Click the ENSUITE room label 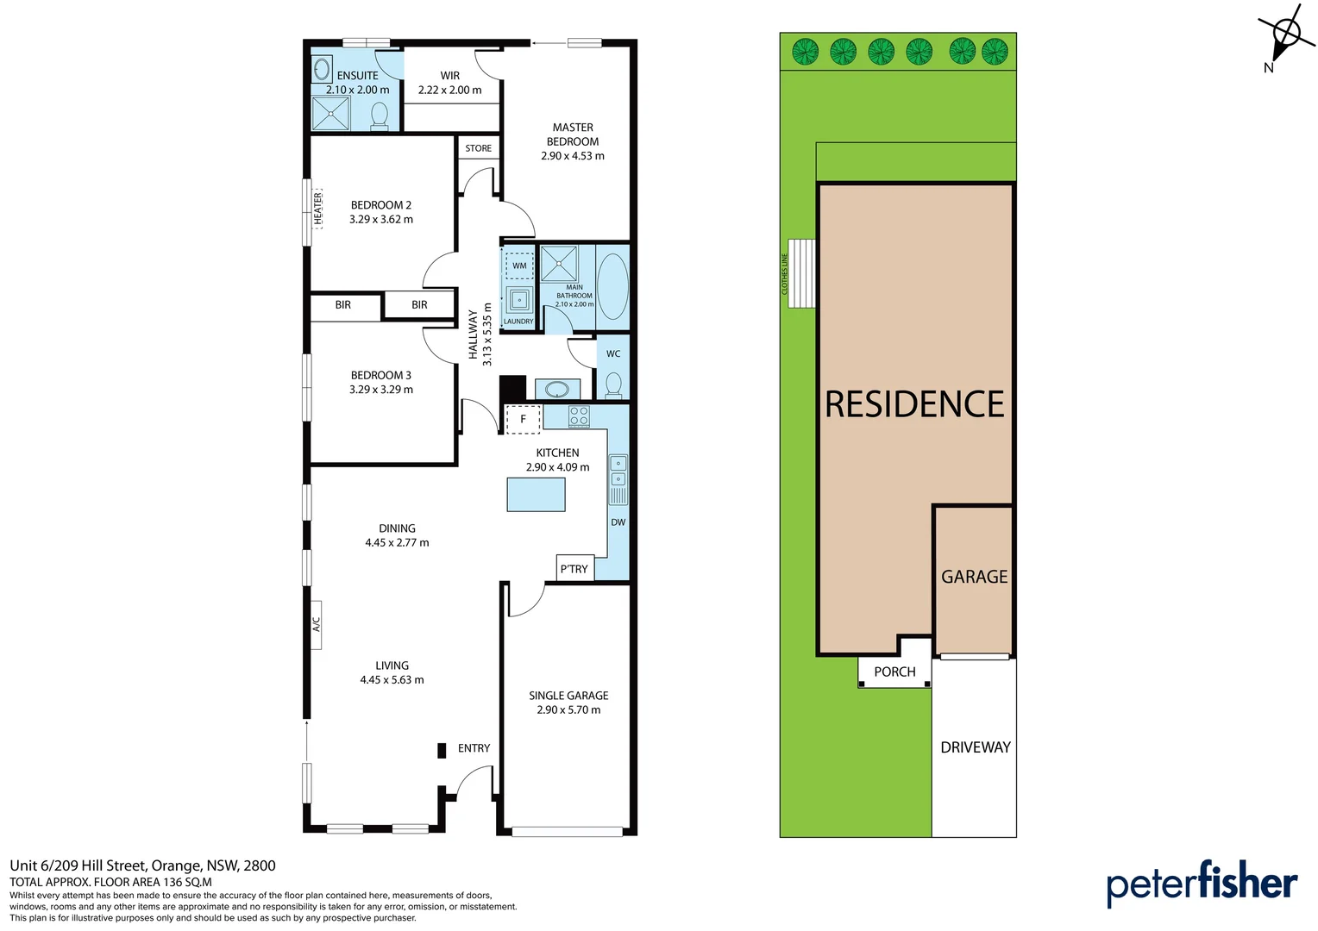point(357,76)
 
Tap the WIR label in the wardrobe point(449,76)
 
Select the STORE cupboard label point(478,148)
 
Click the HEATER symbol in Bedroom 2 point(317,208)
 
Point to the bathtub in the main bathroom point(612,286)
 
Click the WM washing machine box point(519,266)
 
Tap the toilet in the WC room point(613,384)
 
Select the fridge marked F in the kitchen point(523,419)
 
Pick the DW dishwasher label point(618,522)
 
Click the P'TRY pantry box point(574,568)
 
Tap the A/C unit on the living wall point(316,624)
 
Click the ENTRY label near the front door point(474,748)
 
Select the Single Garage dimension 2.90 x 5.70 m point(568,709)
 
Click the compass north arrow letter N point(1268,68)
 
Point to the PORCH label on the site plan point(894,672)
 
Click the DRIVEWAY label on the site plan point(975,747)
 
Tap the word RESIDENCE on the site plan point(914,404)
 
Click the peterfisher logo point(1202,883)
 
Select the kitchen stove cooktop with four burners point(579,416)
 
